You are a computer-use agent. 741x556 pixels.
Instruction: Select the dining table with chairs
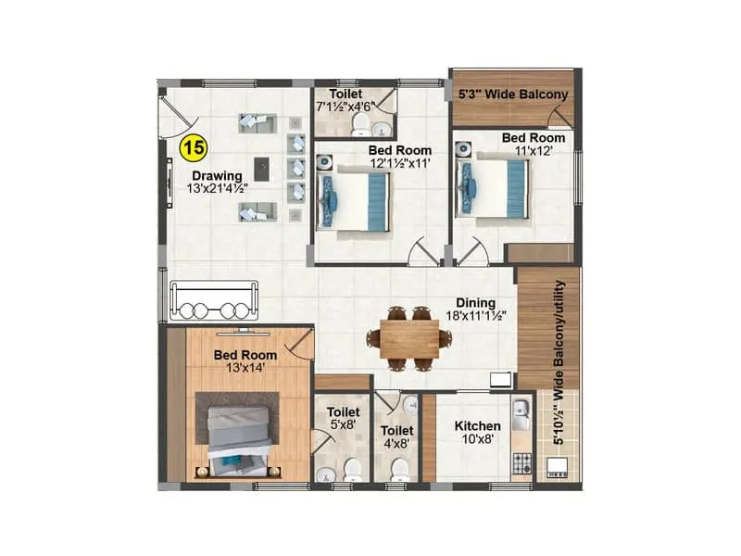408,337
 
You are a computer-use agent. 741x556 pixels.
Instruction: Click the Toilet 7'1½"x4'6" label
351,101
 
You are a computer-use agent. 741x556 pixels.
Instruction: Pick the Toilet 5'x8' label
344,417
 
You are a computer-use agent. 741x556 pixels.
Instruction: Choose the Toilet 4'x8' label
396,436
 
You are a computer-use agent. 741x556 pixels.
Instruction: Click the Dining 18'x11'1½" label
475,310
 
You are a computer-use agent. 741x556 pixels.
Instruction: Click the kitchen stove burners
519,460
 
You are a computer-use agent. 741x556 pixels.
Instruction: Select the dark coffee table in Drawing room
263,169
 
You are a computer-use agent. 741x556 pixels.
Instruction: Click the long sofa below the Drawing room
212,299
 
